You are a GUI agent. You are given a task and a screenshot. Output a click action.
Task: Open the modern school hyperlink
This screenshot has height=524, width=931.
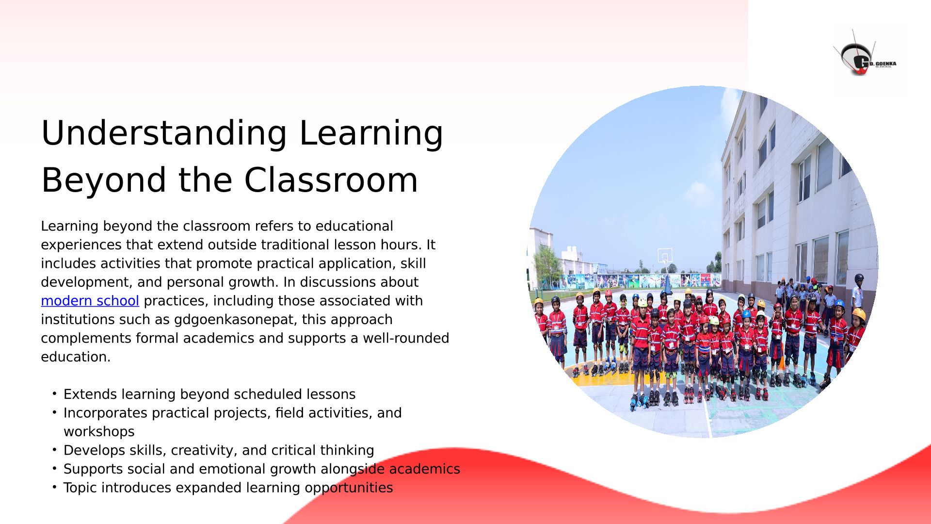(90, 301)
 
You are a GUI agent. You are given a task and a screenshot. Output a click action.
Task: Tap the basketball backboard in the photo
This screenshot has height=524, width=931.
(665, 255)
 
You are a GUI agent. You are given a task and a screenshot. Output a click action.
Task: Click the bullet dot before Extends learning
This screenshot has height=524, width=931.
(55, 393)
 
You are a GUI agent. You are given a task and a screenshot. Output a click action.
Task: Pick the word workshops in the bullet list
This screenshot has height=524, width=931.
(99, 431)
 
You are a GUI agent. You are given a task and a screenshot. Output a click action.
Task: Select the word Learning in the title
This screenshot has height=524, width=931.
(371, 133)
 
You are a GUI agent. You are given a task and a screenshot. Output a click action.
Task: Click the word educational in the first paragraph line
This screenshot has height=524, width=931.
(354, 226)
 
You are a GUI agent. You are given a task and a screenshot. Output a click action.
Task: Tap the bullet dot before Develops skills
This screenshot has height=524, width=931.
(55, 449)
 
